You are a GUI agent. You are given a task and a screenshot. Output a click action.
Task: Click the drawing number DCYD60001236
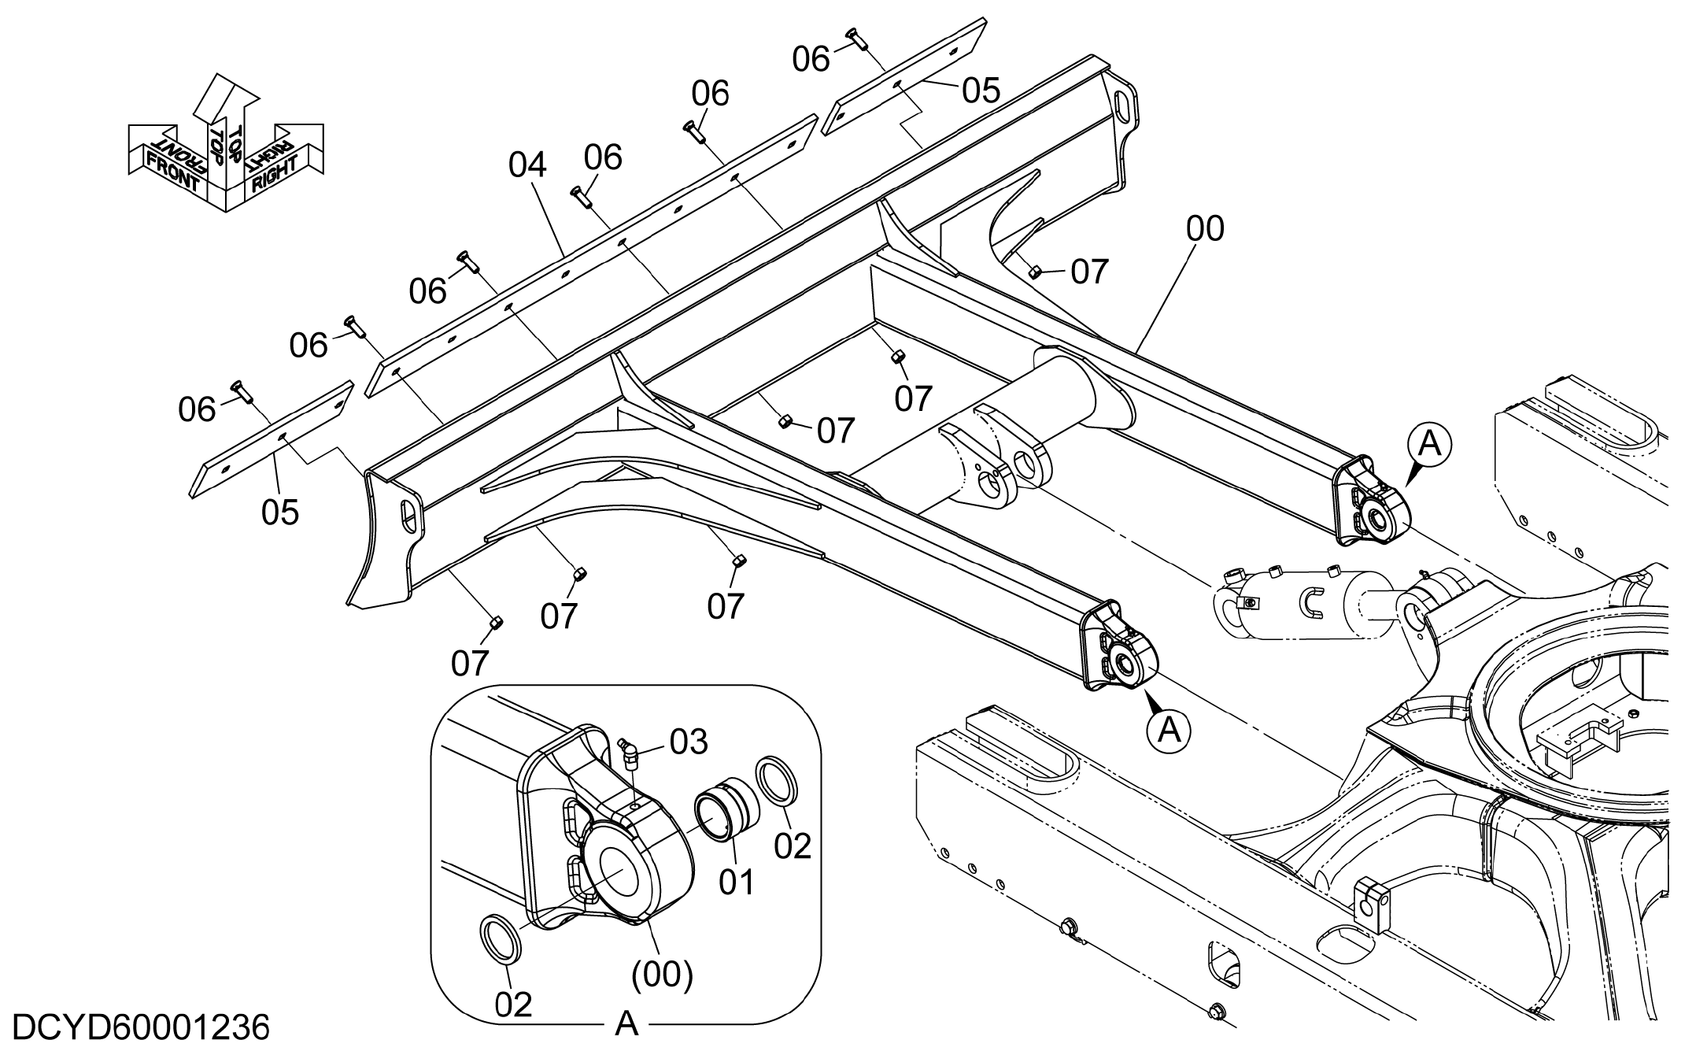pyautogui.click(x=142, y=1028)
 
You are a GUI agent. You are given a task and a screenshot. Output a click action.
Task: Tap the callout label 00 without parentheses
pyautogui.click(x=1205, y=229)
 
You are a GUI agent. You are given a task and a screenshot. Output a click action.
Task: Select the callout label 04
pyautogui.click(x=527, y=165)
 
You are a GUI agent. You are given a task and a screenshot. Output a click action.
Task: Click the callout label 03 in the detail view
pyautogui.click(x=689, y=742)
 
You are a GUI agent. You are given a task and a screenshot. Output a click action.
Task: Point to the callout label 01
pyautogui.click(x=737, y=883)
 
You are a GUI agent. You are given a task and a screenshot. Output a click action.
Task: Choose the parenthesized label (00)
pyautogui.click(x=662, y=975)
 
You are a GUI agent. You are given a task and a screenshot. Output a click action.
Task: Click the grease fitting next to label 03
pyautogui.click(x=630, y=752)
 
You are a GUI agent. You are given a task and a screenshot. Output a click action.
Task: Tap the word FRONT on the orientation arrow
pyautogui.click(x=173, y=168)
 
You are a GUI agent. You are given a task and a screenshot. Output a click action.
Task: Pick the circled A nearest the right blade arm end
pyautogui.click(x=1429, y=445)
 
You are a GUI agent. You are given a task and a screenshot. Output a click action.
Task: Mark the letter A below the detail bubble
pyautogui.click(x=626, y=1024)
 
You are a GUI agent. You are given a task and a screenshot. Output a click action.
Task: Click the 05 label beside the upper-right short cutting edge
pyautogui.click(x=981, y=91)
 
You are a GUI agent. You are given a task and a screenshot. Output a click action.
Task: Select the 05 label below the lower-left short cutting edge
pyautogui.click(x=280, y=513)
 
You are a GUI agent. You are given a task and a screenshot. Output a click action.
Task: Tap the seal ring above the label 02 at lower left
pyautogui.click(x=499, y=939)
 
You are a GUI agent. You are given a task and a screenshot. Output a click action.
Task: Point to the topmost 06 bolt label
pyautogui.click(x=811, y=60)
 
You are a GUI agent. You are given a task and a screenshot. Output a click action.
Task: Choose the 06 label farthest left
pyautogui.click(x=197, y=410)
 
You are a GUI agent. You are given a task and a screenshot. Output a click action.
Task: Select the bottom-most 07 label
pyautogui.click(x=470, y=664)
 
